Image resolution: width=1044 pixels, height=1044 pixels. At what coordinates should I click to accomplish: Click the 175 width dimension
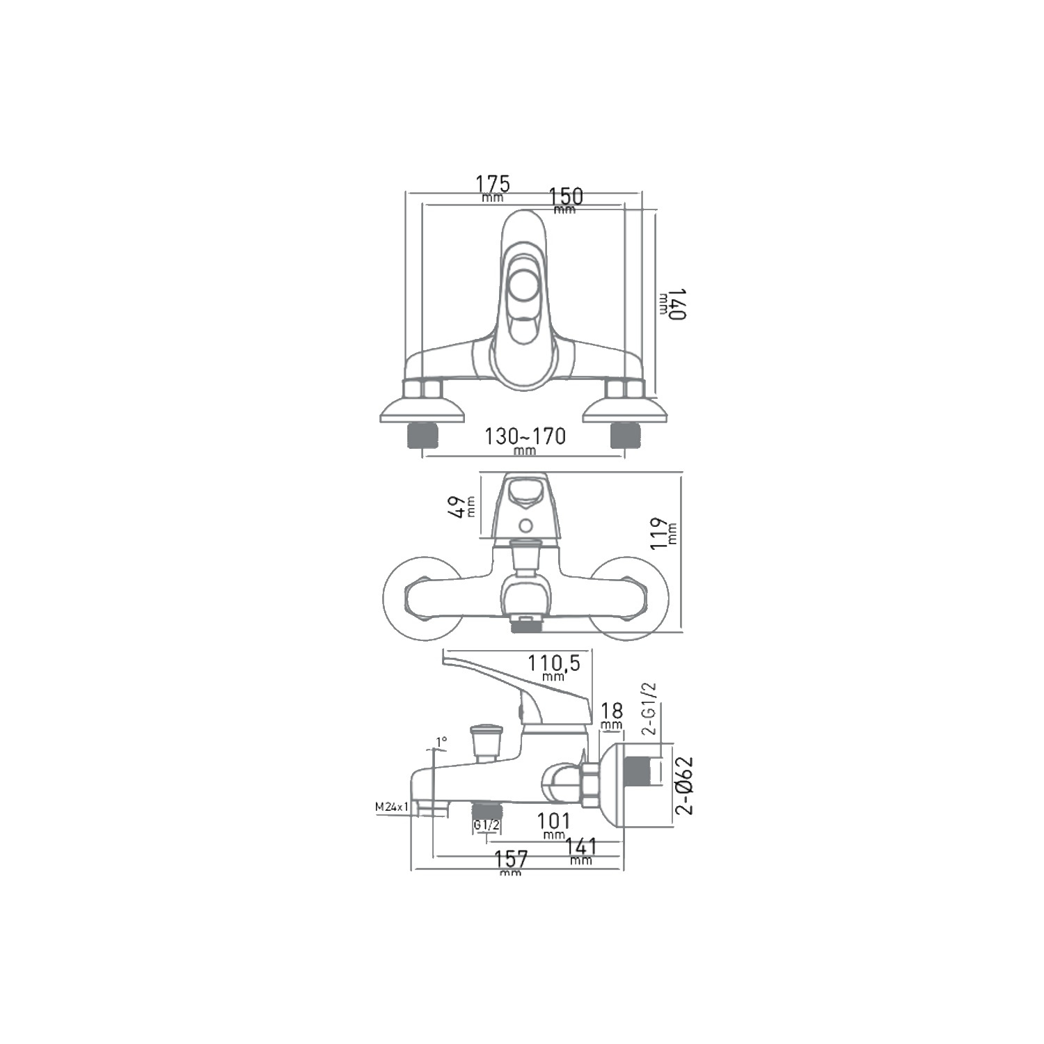tap(493, 184)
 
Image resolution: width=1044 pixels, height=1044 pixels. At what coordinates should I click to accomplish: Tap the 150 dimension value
tap(566, 196)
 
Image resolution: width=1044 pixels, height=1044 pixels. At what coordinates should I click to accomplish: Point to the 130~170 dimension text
tap(525, 436)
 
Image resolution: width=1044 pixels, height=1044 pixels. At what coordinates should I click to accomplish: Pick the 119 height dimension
tap(659, 535)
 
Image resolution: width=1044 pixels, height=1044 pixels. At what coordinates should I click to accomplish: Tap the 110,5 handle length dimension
tap(553, 663)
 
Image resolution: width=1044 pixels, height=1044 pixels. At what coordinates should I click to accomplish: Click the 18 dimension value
tap(611, 711)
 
